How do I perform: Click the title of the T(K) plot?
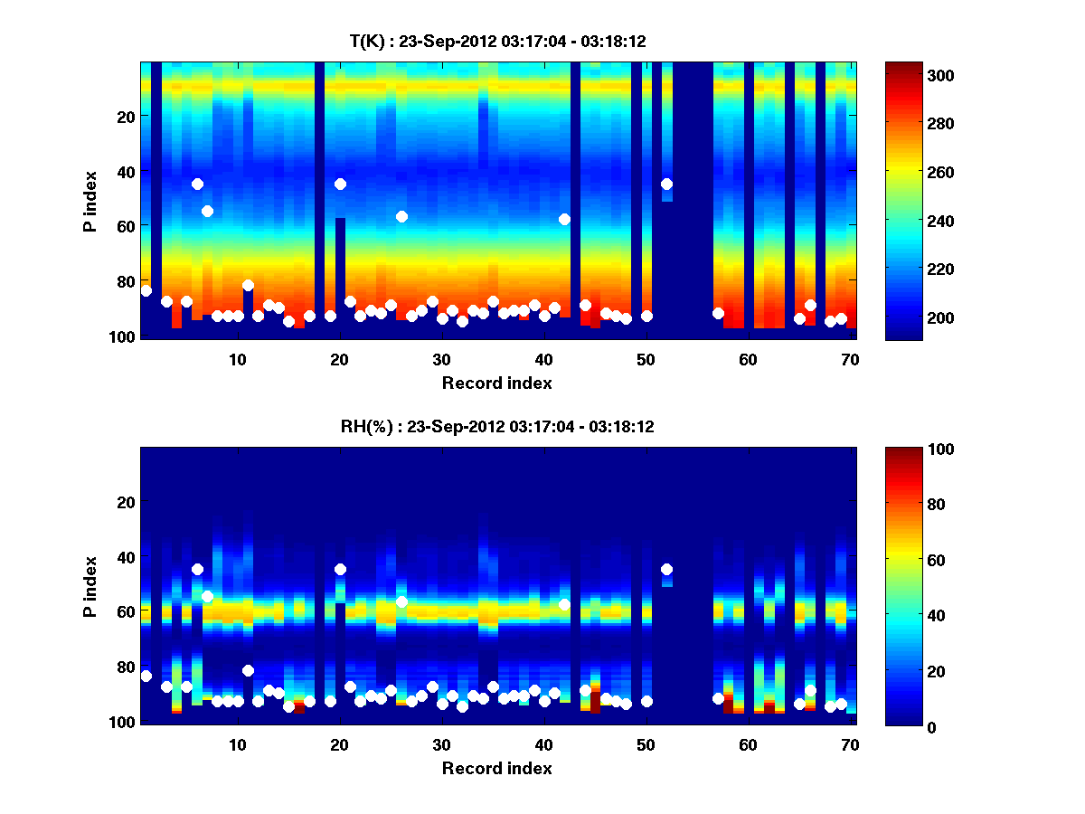point(497,41)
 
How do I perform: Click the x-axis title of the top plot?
point(497,383)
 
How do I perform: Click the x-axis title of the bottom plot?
point(497,768)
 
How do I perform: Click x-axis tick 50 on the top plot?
point(646,358)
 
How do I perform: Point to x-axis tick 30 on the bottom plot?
point(441,744)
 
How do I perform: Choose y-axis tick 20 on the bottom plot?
point(126,502)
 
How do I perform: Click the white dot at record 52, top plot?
point(666,184)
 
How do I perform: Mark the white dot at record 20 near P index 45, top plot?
point(340,184)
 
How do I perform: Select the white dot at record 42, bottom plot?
point(564,604)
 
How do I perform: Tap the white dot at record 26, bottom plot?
point(401,601)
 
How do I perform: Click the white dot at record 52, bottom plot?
point(666,569)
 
